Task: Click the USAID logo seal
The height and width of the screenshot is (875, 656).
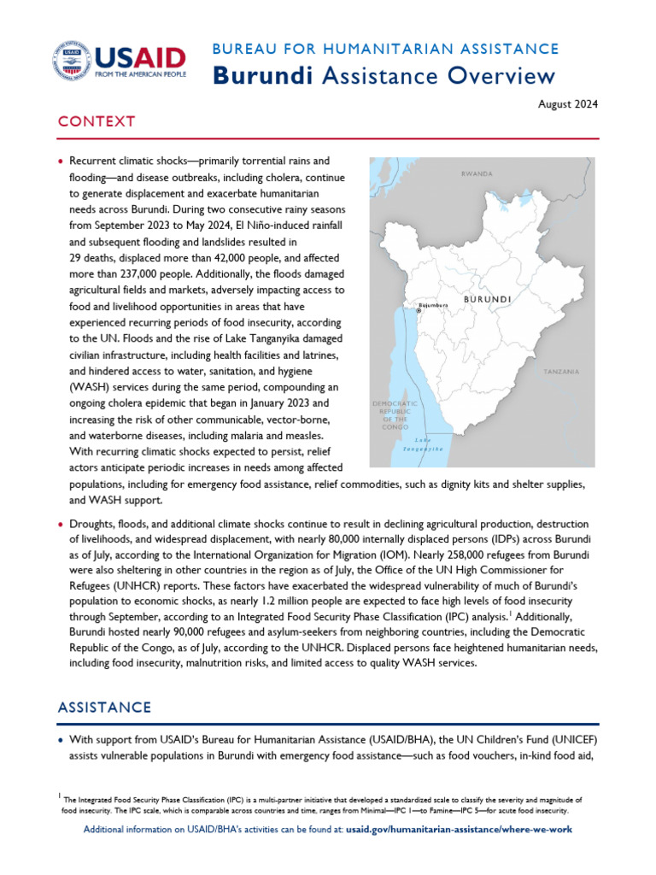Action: [x=72, y=62]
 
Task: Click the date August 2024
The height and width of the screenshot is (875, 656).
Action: [x=569, y=105]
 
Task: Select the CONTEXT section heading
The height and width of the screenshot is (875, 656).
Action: [x=96, y=121]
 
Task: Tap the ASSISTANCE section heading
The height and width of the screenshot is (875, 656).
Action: [x=104, y=708]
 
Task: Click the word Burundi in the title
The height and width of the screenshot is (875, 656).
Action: [x=261, y=76]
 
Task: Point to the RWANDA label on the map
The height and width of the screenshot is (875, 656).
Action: [x=477, y=173]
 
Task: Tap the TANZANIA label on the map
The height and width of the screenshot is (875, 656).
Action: [x=561, y=372]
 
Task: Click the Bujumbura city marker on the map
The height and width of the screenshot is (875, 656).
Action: [x=419, y=312]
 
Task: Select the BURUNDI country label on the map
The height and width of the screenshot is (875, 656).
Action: [x=487, y=300]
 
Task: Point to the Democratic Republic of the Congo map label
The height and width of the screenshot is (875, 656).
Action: [x=395, y=415]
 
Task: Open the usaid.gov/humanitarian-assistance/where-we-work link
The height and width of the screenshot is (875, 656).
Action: [x=459, y=830]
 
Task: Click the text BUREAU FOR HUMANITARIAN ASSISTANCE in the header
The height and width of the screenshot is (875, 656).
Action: [x=385, y=50]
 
